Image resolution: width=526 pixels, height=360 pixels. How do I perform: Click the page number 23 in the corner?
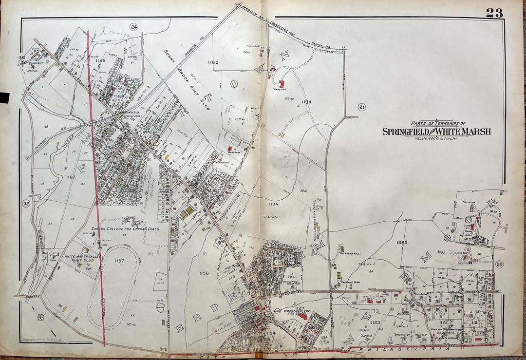coord(493,13)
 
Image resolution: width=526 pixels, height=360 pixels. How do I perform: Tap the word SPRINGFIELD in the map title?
coord(408,132)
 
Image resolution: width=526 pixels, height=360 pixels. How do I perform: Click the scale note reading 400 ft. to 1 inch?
coord(436,139)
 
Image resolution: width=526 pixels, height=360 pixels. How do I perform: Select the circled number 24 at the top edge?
coord(133,27)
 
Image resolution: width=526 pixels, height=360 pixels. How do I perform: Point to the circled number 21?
coord(361,107)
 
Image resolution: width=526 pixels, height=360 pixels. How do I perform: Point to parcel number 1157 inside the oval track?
coord(119,261)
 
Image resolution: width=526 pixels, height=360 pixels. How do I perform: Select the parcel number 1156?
coord(204,273)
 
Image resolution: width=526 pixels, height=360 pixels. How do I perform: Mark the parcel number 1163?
coord(213,62)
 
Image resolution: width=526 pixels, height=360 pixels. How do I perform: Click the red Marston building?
coord(282,84)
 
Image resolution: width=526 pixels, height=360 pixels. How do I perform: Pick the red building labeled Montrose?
coord(229,148)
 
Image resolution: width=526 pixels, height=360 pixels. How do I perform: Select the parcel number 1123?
coord(375,322)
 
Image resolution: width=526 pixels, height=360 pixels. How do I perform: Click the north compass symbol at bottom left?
coord(40,317)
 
